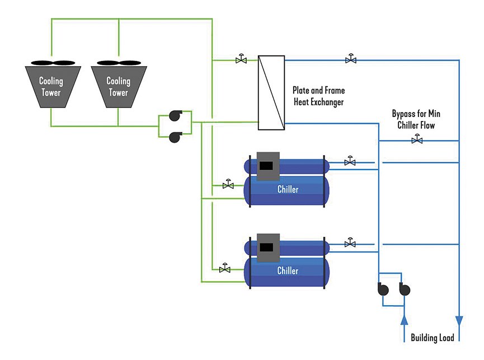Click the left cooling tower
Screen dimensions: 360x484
point(51,86)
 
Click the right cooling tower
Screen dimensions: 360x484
point(118,86)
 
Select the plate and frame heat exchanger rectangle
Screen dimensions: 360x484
point(271,92)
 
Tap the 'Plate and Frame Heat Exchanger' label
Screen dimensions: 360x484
point(318,96)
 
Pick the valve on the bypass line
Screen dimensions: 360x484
point(416,139)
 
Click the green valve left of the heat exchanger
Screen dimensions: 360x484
point(241,59)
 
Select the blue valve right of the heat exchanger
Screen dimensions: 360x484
point(351,59)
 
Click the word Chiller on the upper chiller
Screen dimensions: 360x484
point(288,189)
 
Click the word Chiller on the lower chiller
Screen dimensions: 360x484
point(288,271)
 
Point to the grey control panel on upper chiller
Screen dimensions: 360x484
point(267,166)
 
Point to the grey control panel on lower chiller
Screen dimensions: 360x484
point(267,247)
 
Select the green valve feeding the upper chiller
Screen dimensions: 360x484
point(228,184)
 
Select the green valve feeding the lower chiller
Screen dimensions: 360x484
point(225,269)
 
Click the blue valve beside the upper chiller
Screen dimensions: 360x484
point(350,161)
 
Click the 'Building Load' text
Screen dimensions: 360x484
point(432,338)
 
